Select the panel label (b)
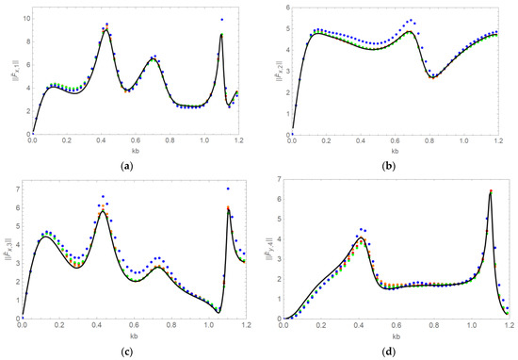click(391, 167)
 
